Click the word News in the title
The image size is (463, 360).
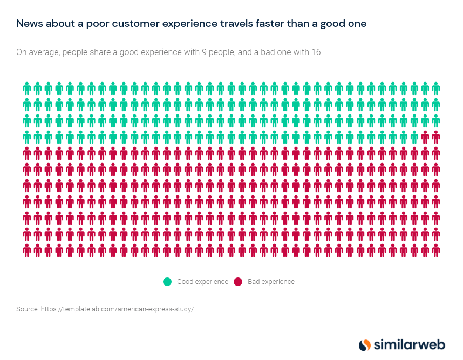[28, 24]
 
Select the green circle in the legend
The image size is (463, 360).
[167, 281]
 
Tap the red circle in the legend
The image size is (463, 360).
[238, 281]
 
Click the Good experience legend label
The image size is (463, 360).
[203, 281]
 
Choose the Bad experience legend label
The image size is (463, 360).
[271, 281]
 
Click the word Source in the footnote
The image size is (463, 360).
[27, 309]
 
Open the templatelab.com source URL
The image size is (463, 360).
[117, 309]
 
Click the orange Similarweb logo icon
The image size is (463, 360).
[365, 344]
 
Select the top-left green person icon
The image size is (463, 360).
[26, 88]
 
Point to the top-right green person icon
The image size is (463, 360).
[435, 88]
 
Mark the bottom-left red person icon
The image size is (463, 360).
[26, 250]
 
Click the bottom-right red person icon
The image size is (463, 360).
[435, 250]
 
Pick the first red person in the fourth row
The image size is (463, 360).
[425, 137]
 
